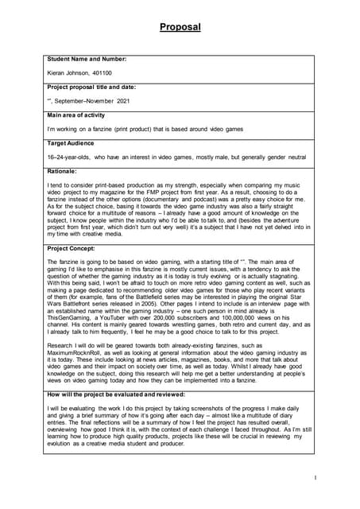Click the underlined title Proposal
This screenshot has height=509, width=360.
pos(180,27)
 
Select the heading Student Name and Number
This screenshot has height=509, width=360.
pos(87,59)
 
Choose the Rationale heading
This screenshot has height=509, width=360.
pos(62,171)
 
